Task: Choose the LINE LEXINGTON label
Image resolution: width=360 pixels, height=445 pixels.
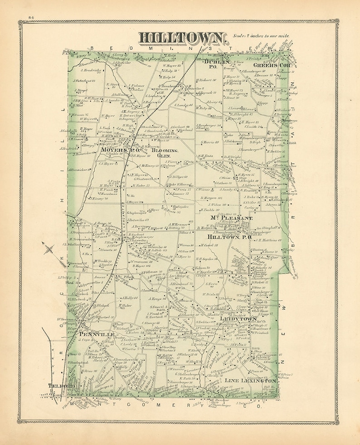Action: pos(250,381)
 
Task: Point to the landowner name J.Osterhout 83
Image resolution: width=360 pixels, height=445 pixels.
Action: pos(84,81)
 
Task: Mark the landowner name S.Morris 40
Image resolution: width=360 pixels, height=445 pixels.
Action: pos(210,142)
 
